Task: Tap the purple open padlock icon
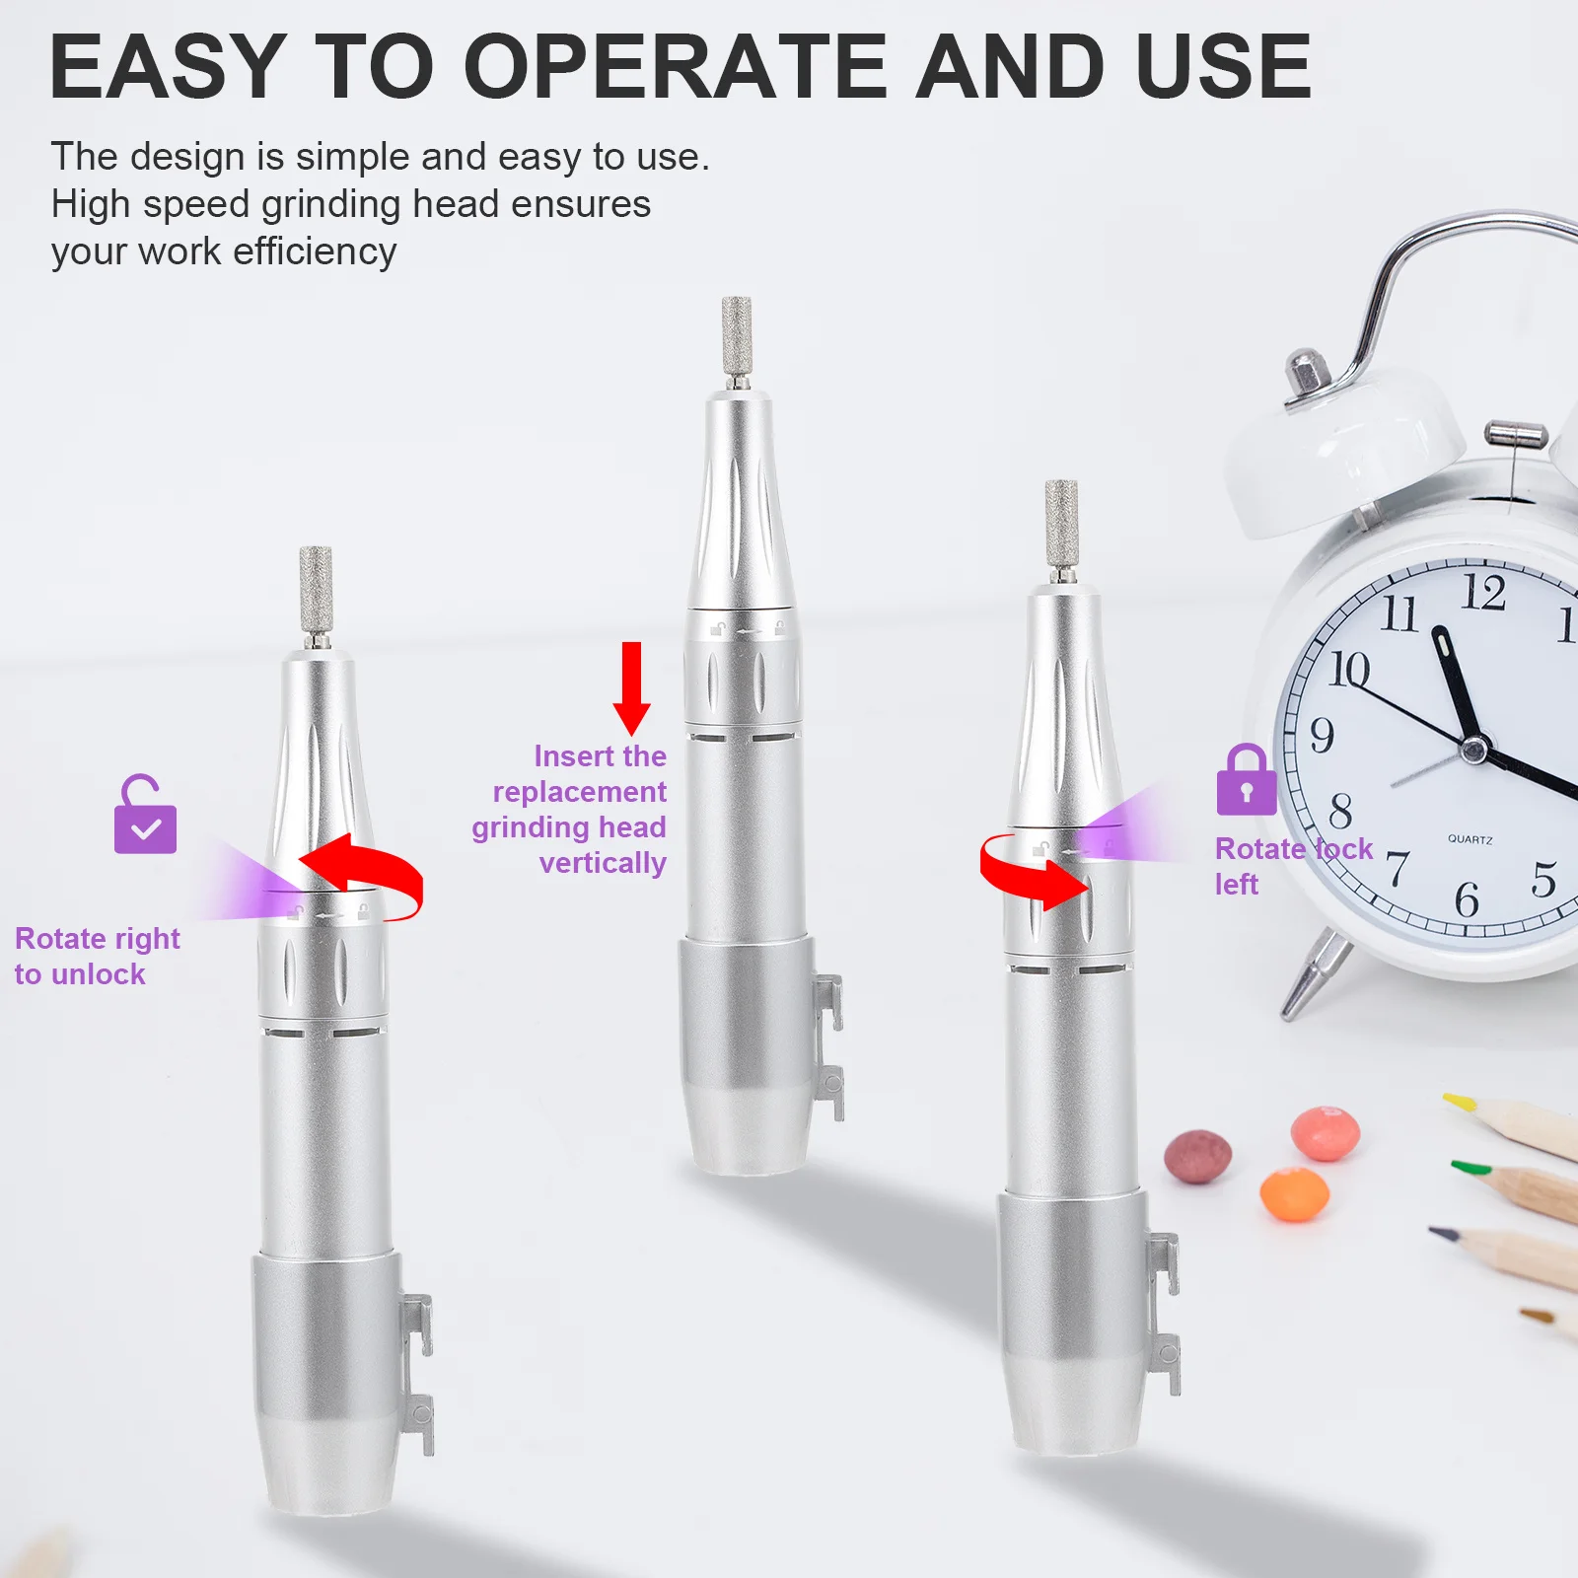click(145, 816)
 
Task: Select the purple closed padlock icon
click(1246, 781)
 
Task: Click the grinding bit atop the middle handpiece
click(737, 335)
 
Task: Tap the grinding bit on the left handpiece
click(316, 592)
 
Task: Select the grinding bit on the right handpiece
click(1061, 524)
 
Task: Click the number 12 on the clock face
click(1482, 593)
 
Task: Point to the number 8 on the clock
click(1340, 811)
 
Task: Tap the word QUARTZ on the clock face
click(1470, 839)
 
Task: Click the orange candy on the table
click(1294, 1193)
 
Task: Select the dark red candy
click(1197, 1155)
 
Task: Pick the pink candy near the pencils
click(1326, 1133)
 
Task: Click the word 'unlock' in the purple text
click(98, 974)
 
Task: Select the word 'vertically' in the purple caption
click(603, 863)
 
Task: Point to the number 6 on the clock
click(1467, 898)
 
